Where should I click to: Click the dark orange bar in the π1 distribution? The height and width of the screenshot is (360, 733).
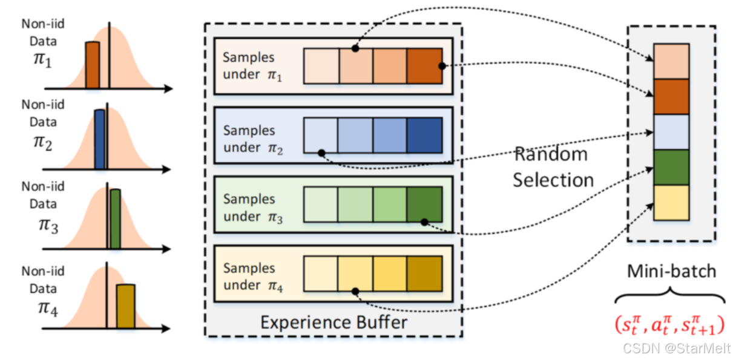pos(93,65)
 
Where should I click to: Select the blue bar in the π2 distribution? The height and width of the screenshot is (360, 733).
pos(100,139)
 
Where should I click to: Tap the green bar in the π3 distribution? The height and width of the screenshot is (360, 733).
pos(115,219)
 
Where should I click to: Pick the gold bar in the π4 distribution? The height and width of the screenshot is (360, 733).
pos(126,306)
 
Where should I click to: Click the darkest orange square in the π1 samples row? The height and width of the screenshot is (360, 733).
pos(425,66)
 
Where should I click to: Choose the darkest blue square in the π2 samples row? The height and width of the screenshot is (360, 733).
pos(425,136)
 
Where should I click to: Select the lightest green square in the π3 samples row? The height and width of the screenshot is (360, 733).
pos(321,205)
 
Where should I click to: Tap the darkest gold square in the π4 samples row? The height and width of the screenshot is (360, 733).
pos(425,273)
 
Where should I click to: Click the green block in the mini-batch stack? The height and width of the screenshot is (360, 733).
pos(671,168)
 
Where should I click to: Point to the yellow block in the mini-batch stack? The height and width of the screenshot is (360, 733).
pos(671,203)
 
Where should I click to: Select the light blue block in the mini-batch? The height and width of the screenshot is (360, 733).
pos(671,132)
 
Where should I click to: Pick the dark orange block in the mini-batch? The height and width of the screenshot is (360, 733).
pos(671,97)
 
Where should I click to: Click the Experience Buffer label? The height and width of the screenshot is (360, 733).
pos(334,322)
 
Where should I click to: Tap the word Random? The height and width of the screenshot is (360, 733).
pos(551,154)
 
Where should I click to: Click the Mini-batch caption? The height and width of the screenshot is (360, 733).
pos(671,272)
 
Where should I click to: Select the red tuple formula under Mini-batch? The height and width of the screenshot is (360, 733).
pos(670,326)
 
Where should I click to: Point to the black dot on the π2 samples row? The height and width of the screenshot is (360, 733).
pos(321,152)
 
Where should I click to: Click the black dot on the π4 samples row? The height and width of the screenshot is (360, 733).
pos(355,291)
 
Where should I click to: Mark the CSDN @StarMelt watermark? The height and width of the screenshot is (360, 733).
pos(677,349)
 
